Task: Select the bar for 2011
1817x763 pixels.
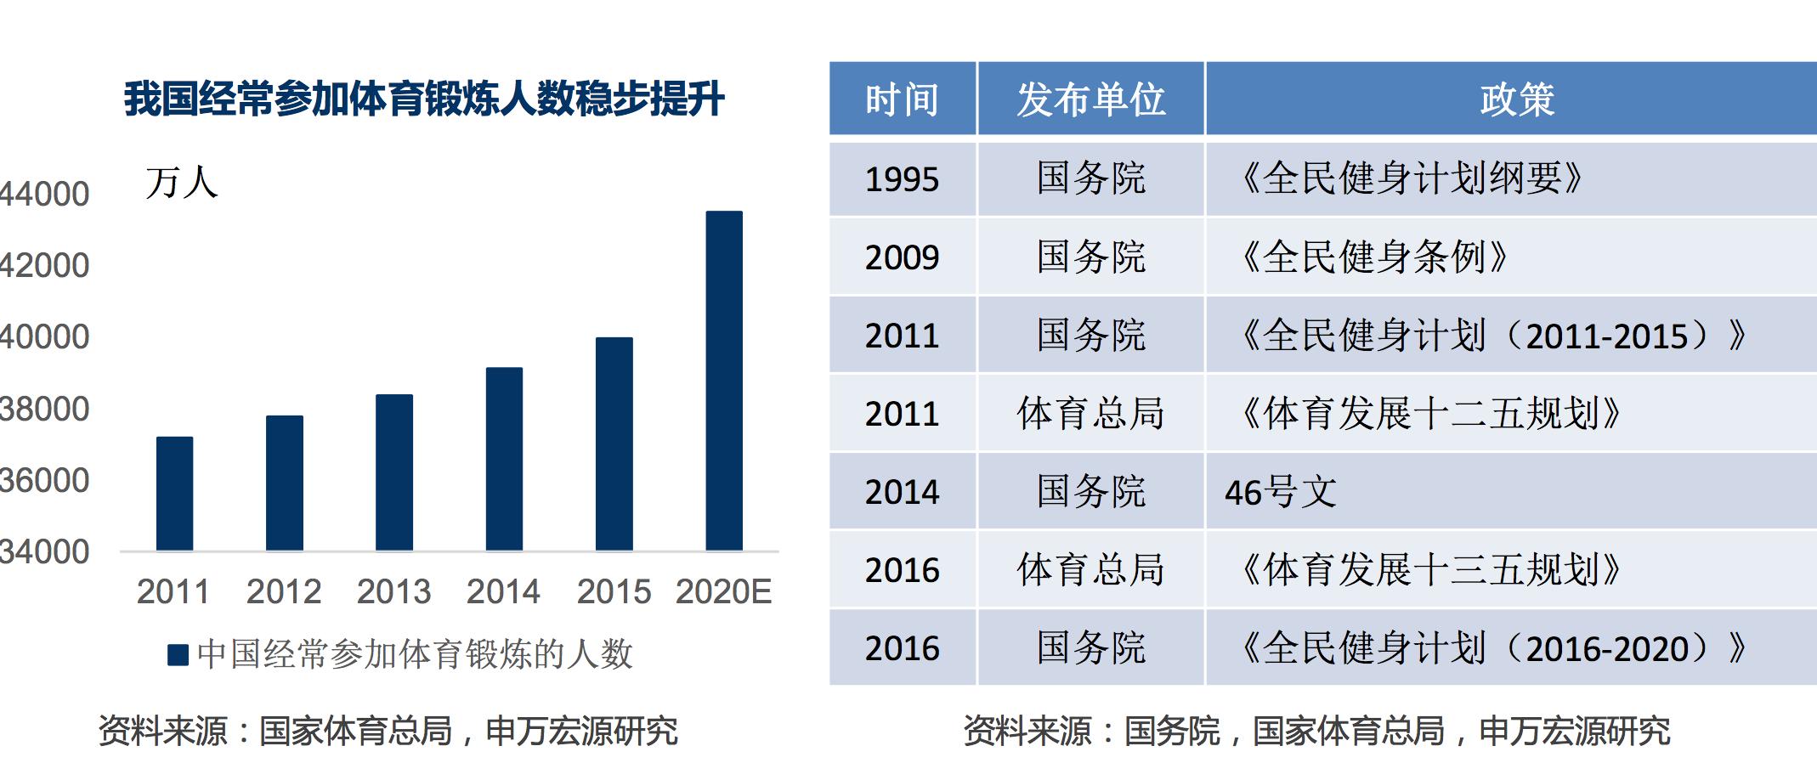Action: [174, 494]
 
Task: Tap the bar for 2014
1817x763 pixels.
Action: [504, 459]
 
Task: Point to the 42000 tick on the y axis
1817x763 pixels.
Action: [45, 266]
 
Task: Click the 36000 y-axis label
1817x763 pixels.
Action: [45, 481]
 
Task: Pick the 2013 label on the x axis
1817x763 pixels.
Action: [393, 591]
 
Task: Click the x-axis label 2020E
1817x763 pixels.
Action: [723, 591]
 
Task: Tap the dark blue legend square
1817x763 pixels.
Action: [178, 655]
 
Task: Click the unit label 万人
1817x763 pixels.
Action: [181, 183]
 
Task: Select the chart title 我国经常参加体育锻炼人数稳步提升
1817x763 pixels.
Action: [424, 99]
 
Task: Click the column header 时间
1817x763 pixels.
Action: [902, 99]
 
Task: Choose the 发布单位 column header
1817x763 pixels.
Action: [1090, 99]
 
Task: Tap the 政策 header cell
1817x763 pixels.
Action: [1517, 99]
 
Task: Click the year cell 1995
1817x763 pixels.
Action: [902, 179]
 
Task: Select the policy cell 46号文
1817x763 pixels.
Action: [1281, 492]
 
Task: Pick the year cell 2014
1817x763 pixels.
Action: [902, 492]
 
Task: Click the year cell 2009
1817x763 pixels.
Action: [902, 257]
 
